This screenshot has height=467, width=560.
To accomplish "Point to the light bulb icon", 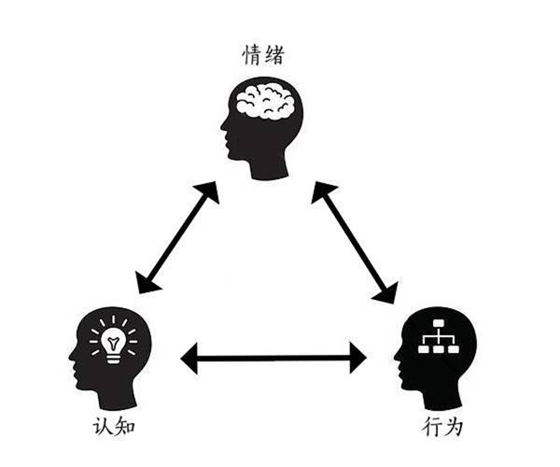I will tap(114, 342).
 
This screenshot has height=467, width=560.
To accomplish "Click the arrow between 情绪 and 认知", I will tap(177, 237).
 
